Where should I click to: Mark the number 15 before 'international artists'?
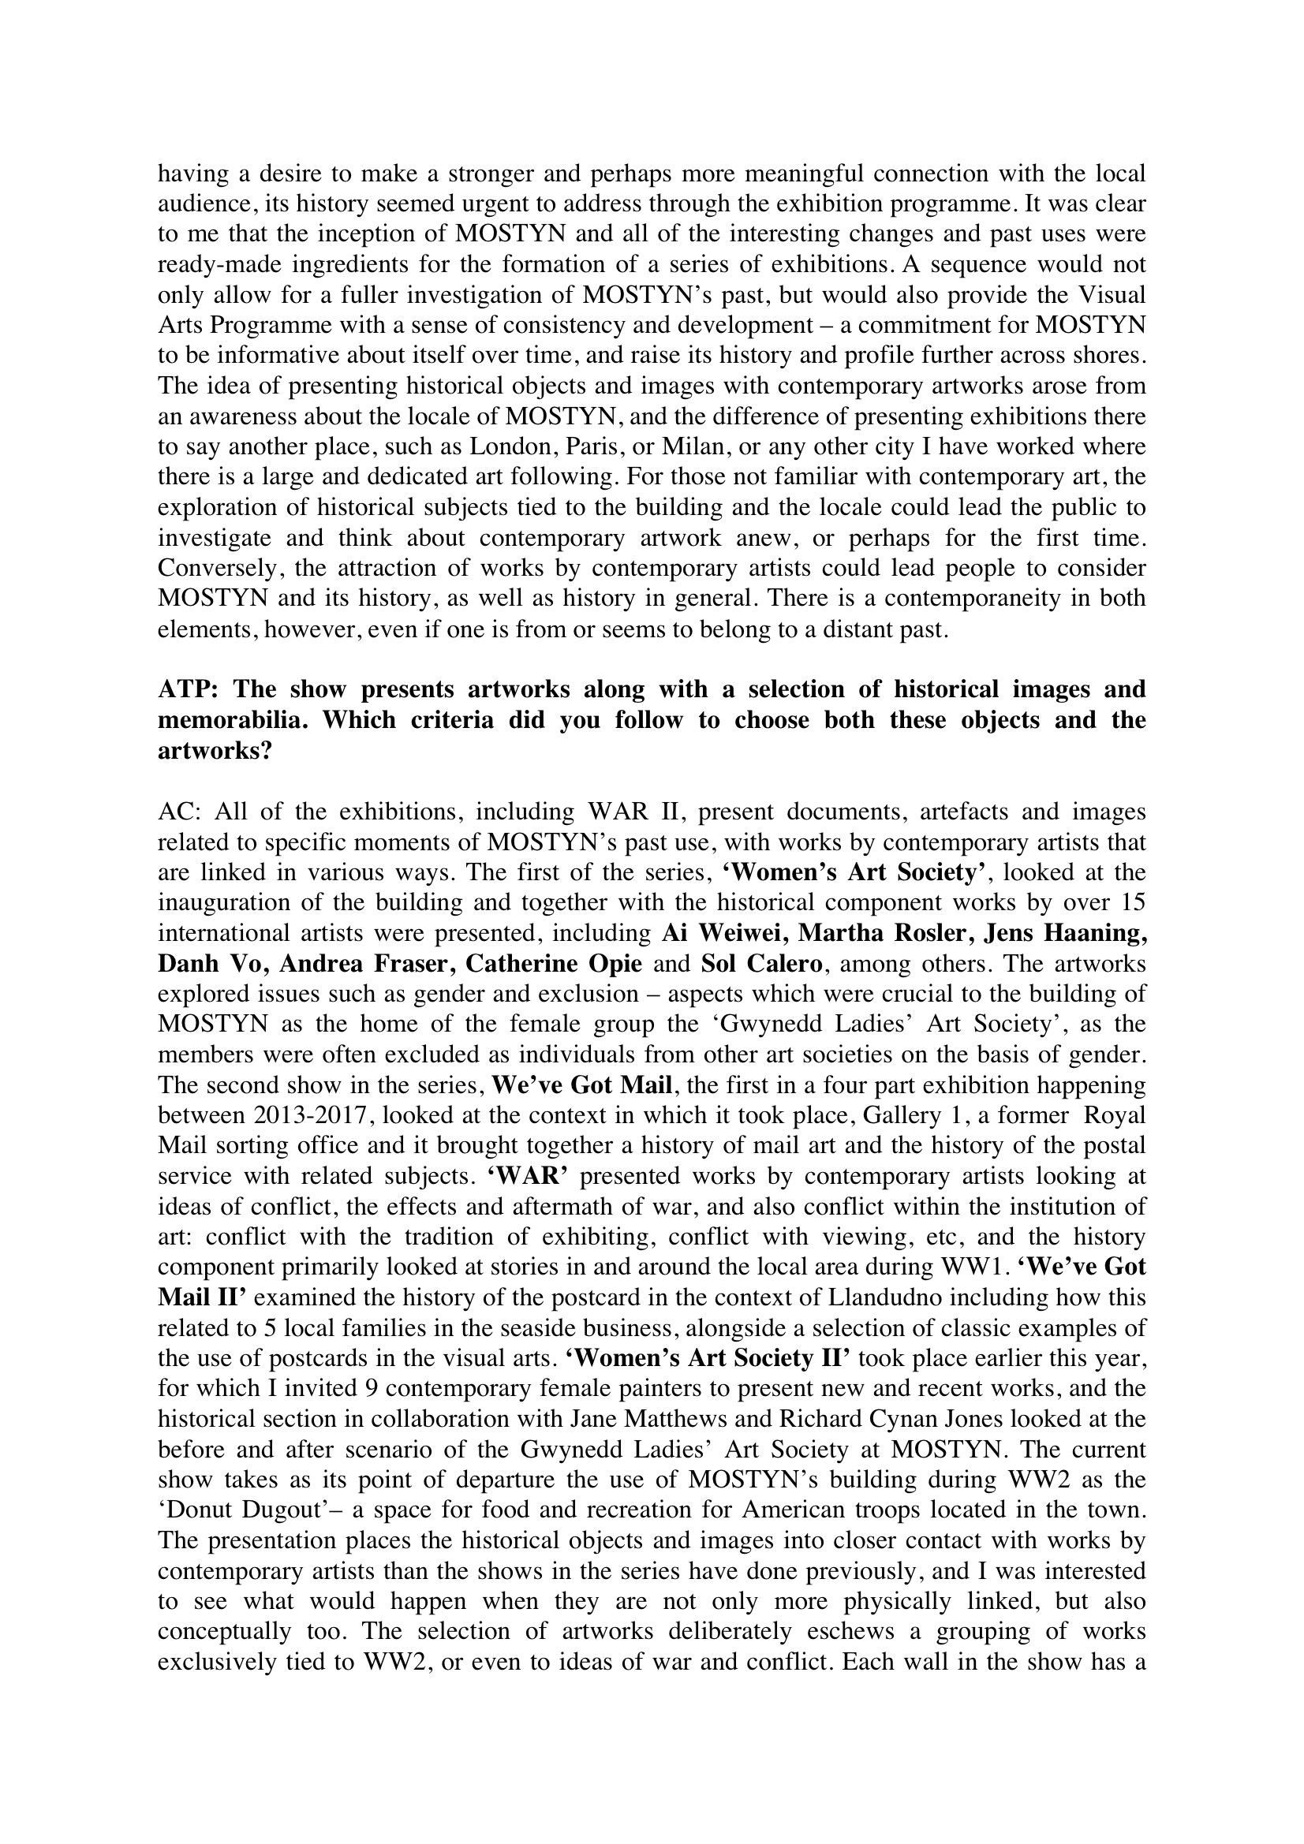click(1129, 903)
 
